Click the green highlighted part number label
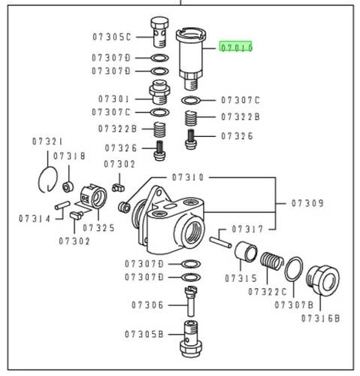coord(236,47)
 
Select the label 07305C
coord(112,37)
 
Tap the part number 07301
coord(113,99)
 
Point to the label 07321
coord(47,141)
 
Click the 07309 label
coord(307,203)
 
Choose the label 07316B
coord(320,319)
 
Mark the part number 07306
coord(147,305)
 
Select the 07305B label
coord(144,335)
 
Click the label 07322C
coord(267,292)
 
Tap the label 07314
coord(35,219)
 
